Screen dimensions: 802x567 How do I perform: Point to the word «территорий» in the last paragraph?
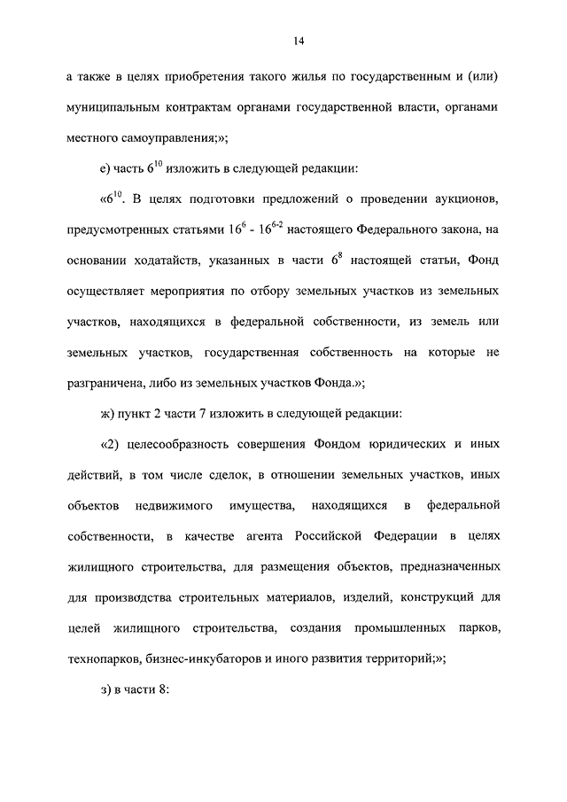(391, 659)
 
